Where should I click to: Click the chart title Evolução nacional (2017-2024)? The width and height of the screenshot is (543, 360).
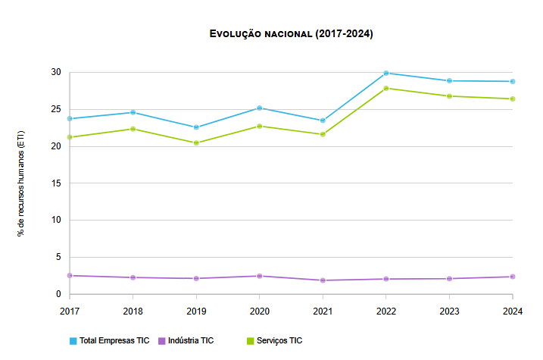point(291,34)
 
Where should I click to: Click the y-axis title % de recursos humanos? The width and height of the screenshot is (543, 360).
point(20,183)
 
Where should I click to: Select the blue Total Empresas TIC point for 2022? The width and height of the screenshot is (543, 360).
point(386,73)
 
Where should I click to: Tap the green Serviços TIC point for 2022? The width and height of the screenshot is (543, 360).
point(386,88)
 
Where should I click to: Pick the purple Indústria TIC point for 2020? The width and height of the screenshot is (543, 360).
point(260,276)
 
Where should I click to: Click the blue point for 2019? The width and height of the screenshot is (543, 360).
point(196,127)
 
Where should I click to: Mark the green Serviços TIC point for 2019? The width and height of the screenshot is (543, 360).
point(196,142)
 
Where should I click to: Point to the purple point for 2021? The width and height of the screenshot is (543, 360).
point(323,280)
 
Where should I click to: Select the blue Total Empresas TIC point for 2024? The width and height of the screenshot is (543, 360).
point(513,81)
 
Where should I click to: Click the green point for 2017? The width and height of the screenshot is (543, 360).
point(70,137)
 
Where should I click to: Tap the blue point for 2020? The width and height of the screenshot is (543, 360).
point(260,108)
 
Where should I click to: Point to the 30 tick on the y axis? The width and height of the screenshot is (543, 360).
point(55,72)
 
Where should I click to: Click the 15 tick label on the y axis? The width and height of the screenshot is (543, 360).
point(55,183)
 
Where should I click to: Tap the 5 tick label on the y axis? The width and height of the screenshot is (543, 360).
point(58,257)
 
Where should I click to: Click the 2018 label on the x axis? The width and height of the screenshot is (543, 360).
point(133,311)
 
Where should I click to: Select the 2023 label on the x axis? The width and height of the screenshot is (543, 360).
point(449,311)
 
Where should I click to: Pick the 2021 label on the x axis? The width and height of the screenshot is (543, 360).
point(323,311)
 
